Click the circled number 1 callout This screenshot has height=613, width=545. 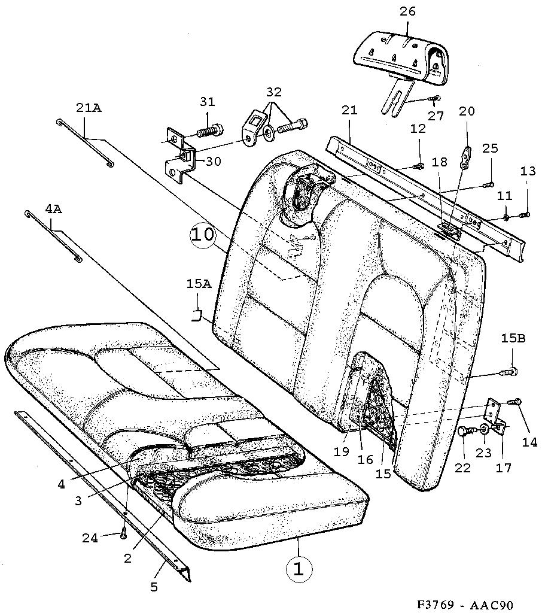pyautogui.click(x=299, y=569)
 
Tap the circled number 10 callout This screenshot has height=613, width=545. pyautogui.click(x=203, y=235)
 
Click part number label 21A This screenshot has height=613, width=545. pyautogui.click(x=89, y=108)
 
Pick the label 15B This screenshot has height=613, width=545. pyautogui.click(x=513, y=338)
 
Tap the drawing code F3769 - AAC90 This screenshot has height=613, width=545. pyautogui.click(x=464, y=605)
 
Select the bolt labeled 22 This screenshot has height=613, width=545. pyautogui.click(x=465, y=431)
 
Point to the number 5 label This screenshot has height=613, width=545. pyautogui.click(x=154, y=587)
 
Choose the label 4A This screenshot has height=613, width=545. pyautogui.click(x=53, y=209)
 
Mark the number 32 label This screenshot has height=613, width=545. pyautogui.click(x=274, y=92)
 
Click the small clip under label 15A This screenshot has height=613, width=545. pyautogui.click(x=197, y=315)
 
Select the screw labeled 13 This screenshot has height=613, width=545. pyautogui.click(x=525, y=214)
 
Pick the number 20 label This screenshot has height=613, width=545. pyautogui.click(x=467, y=111)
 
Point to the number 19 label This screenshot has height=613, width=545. pyautogui.click(x=341, y=451)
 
